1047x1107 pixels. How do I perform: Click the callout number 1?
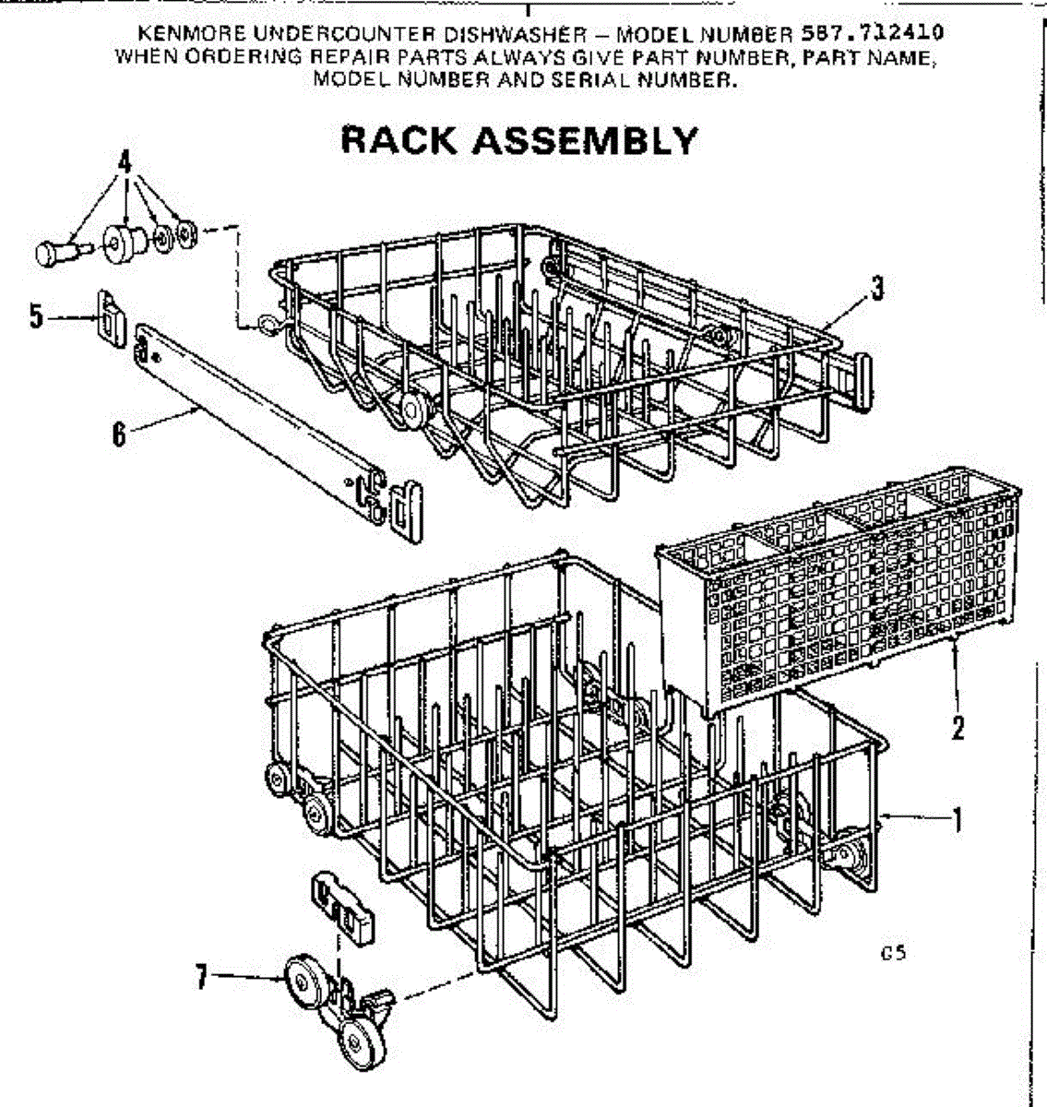pos(958,818)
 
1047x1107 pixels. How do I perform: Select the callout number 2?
pos(958,727)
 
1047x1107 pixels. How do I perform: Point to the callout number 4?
pos(123,162)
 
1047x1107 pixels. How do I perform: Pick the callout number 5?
pos(36,316)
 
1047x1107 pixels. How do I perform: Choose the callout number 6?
pos(118,434)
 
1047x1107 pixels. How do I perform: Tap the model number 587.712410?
pos(872,34)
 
